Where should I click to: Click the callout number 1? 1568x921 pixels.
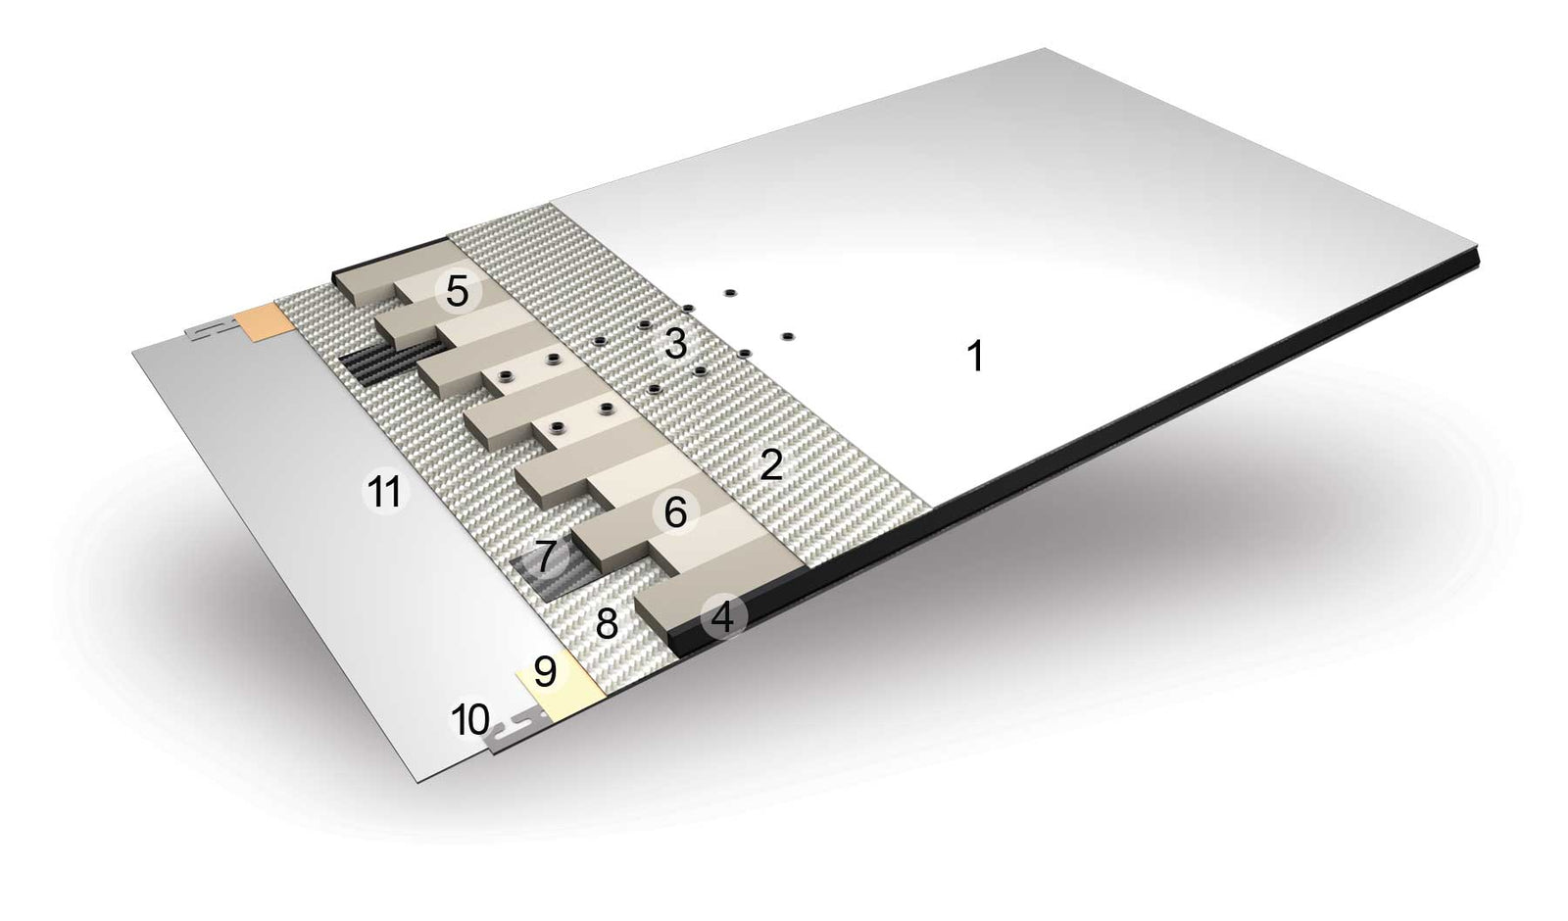click(974, 356)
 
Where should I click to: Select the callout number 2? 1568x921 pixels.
click(770, 464)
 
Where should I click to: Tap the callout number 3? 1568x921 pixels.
click(675, 344)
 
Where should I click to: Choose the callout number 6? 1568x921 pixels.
click(675, 513)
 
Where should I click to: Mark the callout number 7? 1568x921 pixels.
click(547, 557)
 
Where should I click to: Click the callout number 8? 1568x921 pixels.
click(607, 623)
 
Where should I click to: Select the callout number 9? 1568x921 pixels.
click(545, 671)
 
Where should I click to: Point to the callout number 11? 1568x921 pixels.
click(384, 491)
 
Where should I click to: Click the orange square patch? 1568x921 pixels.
click(265, 322)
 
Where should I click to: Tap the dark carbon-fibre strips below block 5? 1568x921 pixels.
click(392, 364)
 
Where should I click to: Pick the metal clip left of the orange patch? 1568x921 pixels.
click(211, 329)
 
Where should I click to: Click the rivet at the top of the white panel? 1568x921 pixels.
click(729, 292)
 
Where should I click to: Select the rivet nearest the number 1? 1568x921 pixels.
click(787, 337)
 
